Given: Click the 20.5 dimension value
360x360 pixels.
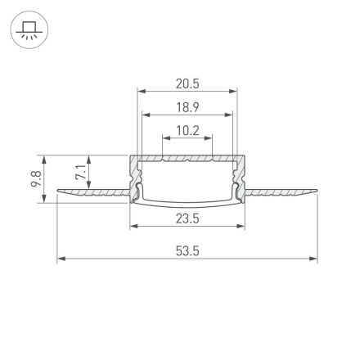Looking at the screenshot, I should [x=187, y=83].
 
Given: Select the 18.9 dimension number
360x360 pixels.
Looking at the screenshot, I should [x=187, y=106].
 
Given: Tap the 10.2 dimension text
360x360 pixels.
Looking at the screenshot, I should [x=187, y=129].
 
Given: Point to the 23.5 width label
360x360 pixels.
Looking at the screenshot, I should [x=187, y=218].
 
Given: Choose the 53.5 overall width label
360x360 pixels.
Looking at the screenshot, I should [x=187, y=250].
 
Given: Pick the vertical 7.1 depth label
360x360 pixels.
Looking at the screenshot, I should [x=79, y=173].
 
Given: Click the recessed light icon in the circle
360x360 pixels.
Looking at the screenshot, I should [x=29, y=29].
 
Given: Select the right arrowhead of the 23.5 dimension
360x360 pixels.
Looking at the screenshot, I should [x=242, y=227].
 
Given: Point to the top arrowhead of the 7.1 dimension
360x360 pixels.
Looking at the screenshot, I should [x=89, y=157].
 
